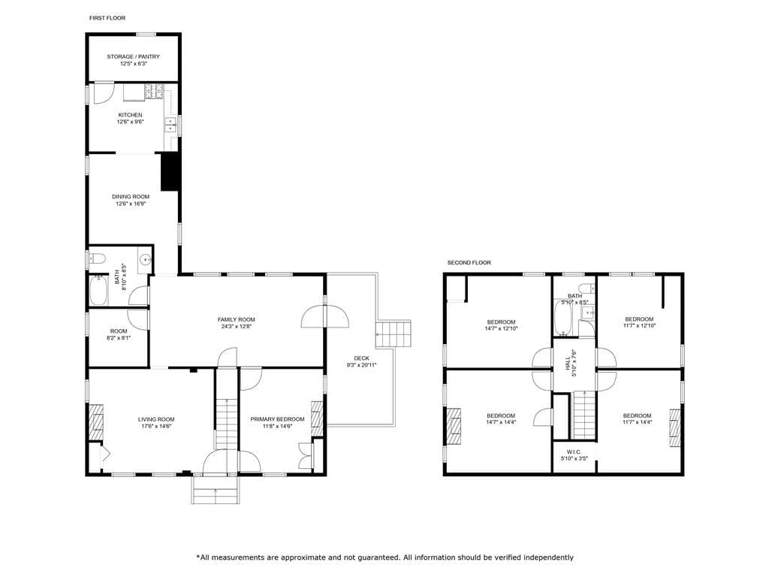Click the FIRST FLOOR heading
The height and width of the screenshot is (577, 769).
[107, 18]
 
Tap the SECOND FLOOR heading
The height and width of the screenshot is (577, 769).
[469, 263]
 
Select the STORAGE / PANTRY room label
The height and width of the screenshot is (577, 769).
[134, 57]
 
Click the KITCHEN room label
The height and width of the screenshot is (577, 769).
[130, 115]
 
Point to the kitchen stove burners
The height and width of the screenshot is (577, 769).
[153, 91]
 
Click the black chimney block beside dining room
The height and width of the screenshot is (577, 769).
[170, 172]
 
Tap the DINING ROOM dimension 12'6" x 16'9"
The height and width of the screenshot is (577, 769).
[131, 204]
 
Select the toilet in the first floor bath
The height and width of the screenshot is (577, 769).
[98, 258]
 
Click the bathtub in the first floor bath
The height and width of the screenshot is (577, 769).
[98, 291]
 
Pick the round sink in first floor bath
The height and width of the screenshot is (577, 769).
[145, 259]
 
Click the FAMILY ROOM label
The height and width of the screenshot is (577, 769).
[237, 320]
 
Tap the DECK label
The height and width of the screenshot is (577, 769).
[361, 358]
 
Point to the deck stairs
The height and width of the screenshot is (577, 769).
[394, 334]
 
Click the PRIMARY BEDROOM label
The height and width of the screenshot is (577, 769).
[278, 419]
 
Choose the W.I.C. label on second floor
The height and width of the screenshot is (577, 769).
[574, 452]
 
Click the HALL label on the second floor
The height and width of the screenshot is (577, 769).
[568, 363]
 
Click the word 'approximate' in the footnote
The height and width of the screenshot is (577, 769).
[304, 557]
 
